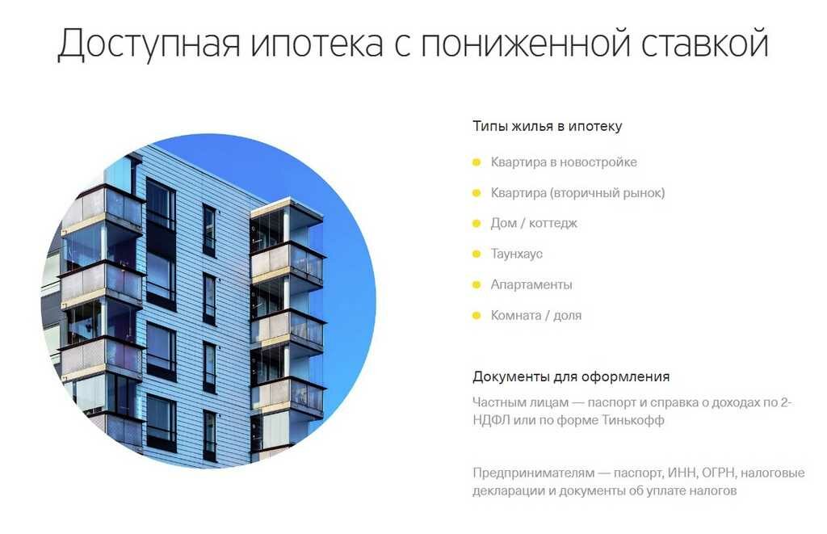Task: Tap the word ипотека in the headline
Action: tap(317, 43)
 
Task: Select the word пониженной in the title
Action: tap(525, 43)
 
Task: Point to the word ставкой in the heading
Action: tap(704, 42)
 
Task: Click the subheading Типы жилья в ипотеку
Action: tap(547, 126)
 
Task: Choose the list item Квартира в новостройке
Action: tap(563, 162)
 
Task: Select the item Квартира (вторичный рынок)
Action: tap(577, 192)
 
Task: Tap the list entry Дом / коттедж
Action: tap(534, 223)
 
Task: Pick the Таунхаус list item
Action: tap(516, 254)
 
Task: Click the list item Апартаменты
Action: tap(531, 284)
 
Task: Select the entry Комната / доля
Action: tap(536, 315)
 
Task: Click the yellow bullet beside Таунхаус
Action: tap(476, 254)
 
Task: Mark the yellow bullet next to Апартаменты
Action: tap(476, 285)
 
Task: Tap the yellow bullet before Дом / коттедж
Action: tap(476, 224)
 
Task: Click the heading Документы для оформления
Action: tap(571, 376)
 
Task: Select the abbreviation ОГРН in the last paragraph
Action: tap(718, 473)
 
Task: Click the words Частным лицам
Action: tap(521, 402)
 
